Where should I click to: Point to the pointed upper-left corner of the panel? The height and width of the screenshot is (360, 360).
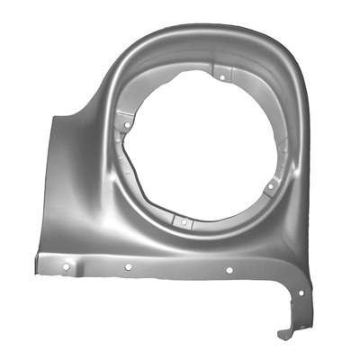coord(57,114)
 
